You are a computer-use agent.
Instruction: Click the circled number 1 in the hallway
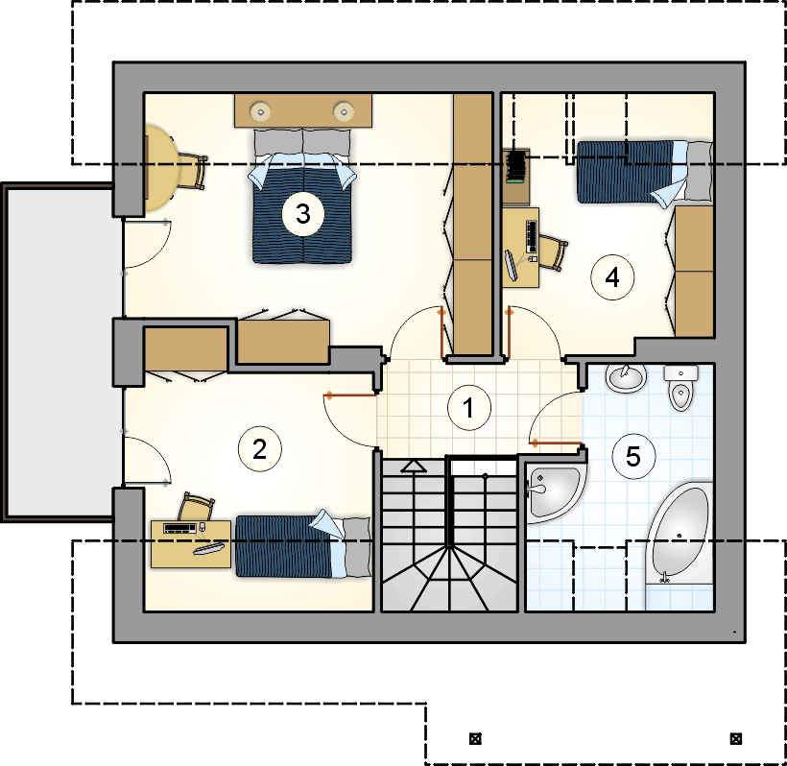(x=468, y=407)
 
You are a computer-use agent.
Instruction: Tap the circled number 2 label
(x=259, y=449)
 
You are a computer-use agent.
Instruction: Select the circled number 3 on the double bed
(x=302, y=214)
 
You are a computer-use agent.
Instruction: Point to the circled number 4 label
(x=612, y=277)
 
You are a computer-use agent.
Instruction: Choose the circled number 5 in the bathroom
(x=633, y=456)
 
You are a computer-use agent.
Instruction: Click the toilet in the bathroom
(x=680, y=388)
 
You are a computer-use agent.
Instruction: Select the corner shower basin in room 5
(x=552, y=491)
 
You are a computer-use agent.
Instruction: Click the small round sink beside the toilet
(x=626, y=378)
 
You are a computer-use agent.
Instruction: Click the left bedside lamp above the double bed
(x=260, y=111)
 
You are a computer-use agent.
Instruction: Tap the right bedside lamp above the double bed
(x=344, y=111)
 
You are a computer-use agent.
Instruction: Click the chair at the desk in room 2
(x=196, y=507)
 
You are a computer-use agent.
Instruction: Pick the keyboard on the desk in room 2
(x=179, y=528)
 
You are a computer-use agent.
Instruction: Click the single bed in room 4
(x=644, y=173)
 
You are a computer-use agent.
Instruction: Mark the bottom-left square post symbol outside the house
(x=475, y=738)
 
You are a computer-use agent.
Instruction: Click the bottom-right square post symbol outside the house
(x=736, y=738)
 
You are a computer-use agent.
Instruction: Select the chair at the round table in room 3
(x=192, y=171)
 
